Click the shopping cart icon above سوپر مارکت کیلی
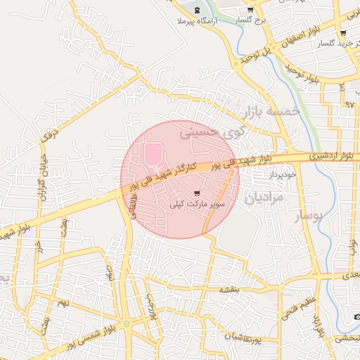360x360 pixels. click(x=197, y=193)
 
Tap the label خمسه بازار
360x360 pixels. click(x=271, y=111)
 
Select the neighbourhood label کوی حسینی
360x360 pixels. click(x=212, y=131)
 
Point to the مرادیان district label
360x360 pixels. click(x=264, y=198)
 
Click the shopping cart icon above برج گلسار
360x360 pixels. click(x=250, y=10)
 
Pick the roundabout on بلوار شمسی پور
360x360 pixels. click(x=126, y=324)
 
